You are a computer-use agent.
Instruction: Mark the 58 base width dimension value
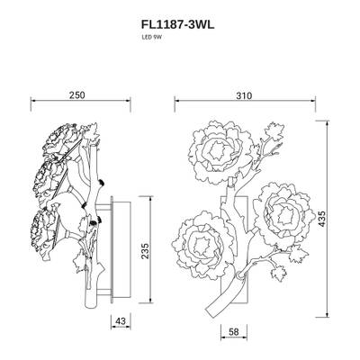point(232,333)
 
